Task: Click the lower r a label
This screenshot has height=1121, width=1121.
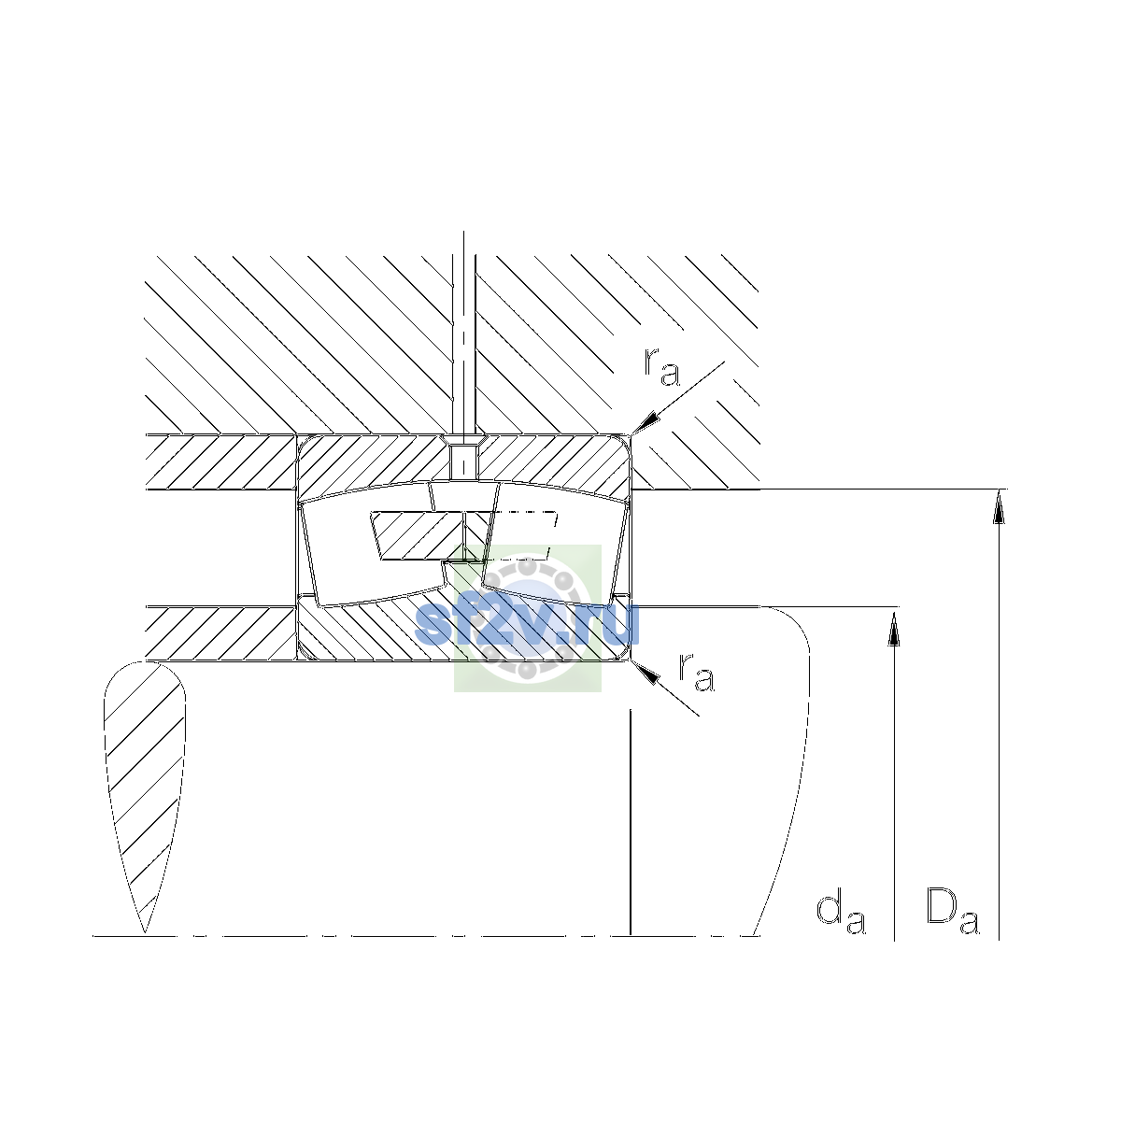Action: click(x=696, y=673)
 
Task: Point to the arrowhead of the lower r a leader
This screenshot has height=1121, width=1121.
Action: click(x=646, y=673)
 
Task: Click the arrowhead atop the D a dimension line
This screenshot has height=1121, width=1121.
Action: click(x=999, y=506)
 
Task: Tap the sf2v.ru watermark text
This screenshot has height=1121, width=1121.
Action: click(x=528, y=624)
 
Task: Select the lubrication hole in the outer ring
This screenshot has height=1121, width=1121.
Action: click(x=463, y=460)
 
